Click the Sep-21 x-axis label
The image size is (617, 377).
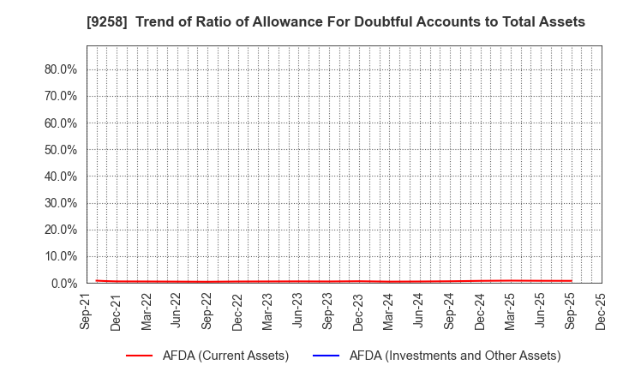point(87,313)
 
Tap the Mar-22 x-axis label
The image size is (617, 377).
point(147,313)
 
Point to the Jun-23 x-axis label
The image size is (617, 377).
point(297,313)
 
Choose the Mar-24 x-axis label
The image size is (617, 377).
point(388,313)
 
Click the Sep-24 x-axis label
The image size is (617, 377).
point(449,313)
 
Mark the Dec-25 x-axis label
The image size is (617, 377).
point(600,313)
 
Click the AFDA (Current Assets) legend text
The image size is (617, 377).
point(226,356)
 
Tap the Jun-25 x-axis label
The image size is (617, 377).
point(539,313)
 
